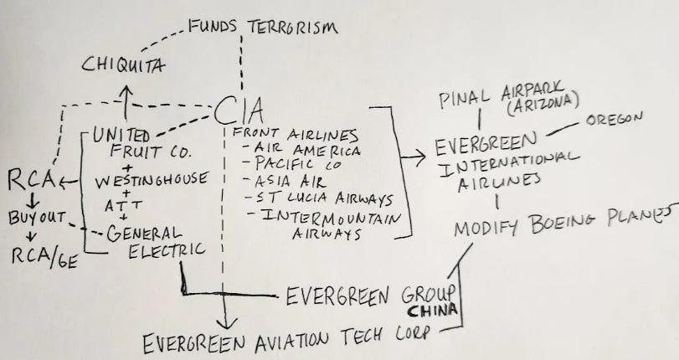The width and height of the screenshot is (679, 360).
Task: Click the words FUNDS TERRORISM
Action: [263, 28]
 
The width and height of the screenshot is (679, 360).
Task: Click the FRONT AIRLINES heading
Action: [296, 135]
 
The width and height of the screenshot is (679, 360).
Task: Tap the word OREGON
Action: [615, 119]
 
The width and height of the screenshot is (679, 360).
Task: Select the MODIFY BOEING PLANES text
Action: [564, 222]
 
